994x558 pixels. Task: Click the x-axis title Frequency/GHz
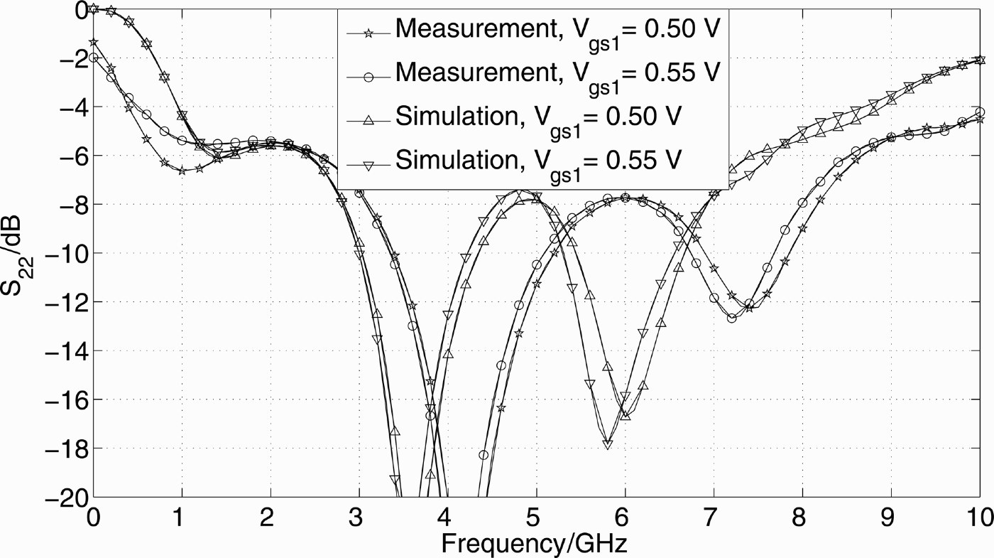(x=535, y=544)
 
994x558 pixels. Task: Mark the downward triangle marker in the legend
(x=368, y=166)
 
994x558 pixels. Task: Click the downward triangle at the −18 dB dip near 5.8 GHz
(x=608, y=444)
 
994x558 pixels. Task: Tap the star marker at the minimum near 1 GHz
(x=182, y=171)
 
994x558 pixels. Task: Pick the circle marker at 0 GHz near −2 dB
(x=94, y=58)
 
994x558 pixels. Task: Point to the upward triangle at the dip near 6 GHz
(x=626, y=415)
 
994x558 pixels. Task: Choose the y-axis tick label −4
(x=70, y=107)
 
